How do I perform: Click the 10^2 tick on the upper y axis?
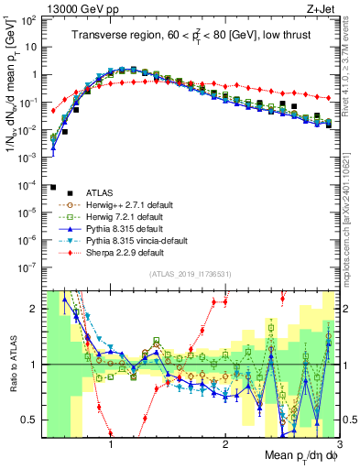(27, 20)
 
